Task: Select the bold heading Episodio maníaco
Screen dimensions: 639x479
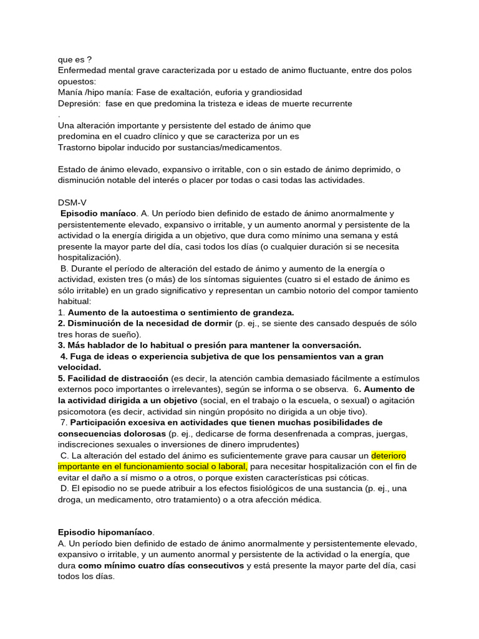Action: point(98,213)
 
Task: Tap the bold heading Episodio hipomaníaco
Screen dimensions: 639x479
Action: point(105,532)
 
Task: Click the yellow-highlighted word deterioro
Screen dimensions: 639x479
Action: point(389,456)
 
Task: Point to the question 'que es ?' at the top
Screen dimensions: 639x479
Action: point(74,60)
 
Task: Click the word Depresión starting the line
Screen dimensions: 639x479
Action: point(79,103)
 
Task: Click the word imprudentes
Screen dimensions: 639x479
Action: point(271,444)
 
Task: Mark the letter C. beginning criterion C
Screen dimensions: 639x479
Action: point(64,456)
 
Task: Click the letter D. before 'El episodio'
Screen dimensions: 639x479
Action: point(64,489)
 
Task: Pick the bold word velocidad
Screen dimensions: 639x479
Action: point(79,368)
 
